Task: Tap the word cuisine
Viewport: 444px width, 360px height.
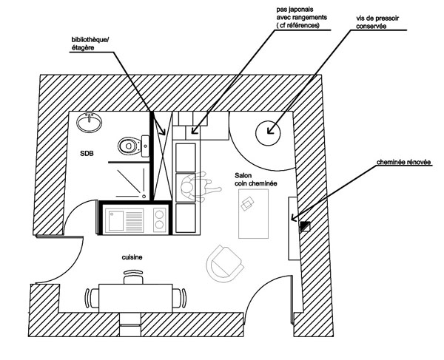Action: click(x=132, y=257)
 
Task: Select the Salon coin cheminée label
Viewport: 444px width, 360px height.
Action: click(x=253, y=179)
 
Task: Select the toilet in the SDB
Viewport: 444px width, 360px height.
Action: click(x=130, y=146)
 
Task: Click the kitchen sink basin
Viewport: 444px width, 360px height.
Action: click(x=116, y=219)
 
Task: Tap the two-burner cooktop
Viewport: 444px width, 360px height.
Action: click(x=159, y=218)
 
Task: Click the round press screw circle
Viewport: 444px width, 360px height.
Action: click(x=267, y=134)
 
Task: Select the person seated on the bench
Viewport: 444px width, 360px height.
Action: click(x=196, y=186)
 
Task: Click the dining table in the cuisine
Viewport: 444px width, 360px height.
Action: click(x=137, y=298)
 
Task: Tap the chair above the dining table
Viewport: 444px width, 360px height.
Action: click(x=133, y=277)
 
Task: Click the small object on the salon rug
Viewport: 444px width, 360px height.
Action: click(x=250, y=202)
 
